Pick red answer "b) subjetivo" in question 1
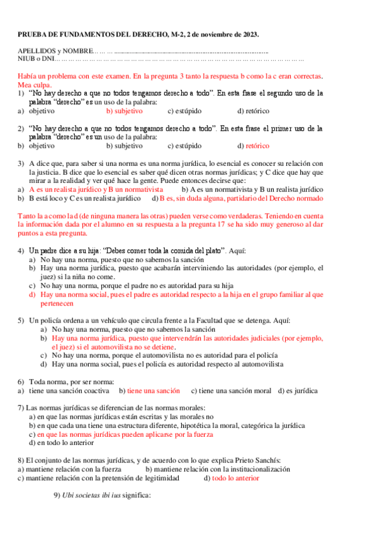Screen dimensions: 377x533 point(125,111)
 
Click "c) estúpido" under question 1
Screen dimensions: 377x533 point(184,111)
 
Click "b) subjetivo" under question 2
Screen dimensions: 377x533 point(125,145)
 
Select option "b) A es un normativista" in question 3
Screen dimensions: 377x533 point(223,189)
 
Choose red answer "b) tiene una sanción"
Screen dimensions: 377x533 point(149,390)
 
